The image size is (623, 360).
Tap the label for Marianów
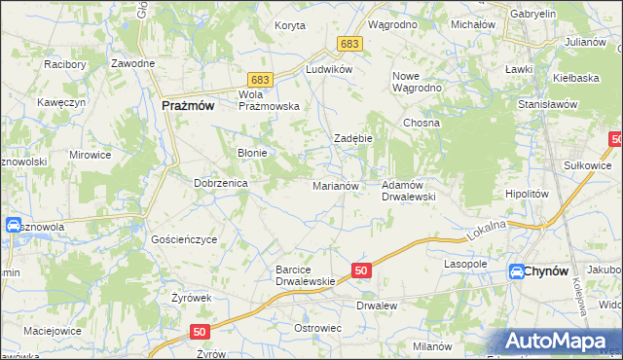pos(336,186)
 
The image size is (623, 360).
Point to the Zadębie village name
pos(353,139)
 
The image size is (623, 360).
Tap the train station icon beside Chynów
pos(516,273)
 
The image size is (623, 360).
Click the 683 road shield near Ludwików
pos(350,44)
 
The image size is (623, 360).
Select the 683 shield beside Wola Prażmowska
pos(259,80)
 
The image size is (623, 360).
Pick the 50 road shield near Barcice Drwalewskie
pos(360,270)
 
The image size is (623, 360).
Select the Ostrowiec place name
pos(316,328)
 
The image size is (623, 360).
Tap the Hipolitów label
pos(528,194)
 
